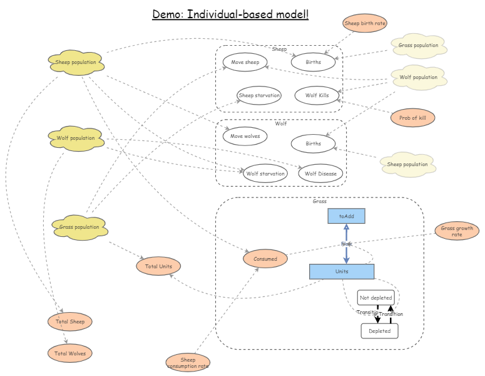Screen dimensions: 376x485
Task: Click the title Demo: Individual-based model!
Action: coord(230,14)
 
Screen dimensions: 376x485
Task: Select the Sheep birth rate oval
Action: coord(365,23)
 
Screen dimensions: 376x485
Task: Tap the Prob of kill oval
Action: coord(412,117)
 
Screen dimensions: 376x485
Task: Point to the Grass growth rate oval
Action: coord(457,231)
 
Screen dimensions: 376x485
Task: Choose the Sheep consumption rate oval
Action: coord(188,363)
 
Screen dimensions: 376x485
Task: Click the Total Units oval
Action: coord(158,266)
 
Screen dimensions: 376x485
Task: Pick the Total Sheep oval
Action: coord(70,321)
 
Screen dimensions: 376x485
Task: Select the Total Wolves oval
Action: coord(70,353)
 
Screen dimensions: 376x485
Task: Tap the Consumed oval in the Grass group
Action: coord(265,258)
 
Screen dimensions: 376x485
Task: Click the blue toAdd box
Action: coord(346,216)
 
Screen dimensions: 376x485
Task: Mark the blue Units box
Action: coord(342,271)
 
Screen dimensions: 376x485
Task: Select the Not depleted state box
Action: coord(376,298)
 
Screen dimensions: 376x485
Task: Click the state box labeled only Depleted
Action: coord(379,331)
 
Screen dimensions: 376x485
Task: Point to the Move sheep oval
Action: coord(245,62)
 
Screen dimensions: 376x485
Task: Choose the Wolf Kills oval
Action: coord(317,95)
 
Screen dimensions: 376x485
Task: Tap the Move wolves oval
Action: coord(245,136)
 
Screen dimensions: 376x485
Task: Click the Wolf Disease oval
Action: coord(320,174)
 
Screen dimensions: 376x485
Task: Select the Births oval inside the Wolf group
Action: coord(313,144)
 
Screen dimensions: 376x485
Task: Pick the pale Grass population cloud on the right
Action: coord(418,46)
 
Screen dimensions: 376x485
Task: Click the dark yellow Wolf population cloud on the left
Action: coord(76,138)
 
